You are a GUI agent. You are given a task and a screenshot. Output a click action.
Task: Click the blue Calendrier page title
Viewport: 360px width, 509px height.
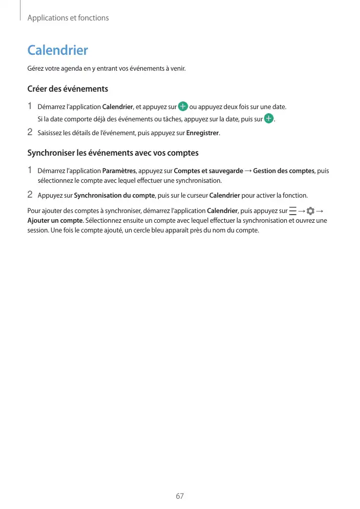pyautogui.click(x=57, y=50)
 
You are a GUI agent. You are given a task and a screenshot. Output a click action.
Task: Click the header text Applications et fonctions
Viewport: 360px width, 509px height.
pyautogui.click(x=68, y=18)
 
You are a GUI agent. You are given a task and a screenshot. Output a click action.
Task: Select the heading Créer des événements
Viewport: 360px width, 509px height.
pyautogui.click(x=68, y=89)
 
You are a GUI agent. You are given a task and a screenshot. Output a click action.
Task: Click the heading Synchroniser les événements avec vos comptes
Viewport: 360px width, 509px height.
pyautogui.click(x=113, y=153)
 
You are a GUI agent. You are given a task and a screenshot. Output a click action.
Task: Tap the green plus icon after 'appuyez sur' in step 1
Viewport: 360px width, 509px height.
pyautogui.click(x=183, y=107)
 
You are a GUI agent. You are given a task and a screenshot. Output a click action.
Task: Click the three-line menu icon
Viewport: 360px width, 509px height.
pyautogui.click(x=292, y=211)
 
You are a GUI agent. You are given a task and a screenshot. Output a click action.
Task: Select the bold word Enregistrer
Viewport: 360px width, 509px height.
pyautogui.click(x=202, y=134)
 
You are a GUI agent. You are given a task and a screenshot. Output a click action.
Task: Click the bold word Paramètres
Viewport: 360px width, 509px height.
pyautogui.click(x=119, y=171)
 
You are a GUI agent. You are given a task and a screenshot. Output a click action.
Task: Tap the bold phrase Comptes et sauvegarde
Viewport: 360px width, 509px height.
pyautogui.click(x=208, y=171)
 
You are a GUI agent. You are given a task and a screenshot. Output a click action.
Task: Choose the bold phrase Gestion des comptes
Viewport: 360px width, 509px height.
pyautogui.click(x=284, y=171)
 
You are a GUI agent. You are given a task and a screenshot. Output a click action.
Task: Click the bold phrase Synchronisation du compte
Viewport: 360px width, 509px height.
pyautogui.click(x=115, y=196)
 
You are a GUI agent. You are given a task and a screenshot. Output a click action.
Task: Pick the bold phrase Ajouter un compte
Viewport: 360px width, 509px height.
pyautogui.click(x=55, y=220)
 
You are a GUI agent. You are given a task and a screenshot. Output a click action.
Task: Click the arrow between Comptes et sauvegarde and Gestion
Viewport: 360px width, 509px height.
pyautogui.click(x=248, y=171)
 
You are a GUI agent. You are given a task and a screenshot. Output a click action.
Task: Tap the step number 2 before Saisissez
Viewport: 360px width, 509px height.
pyautogui.click(x=30, y=133)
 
